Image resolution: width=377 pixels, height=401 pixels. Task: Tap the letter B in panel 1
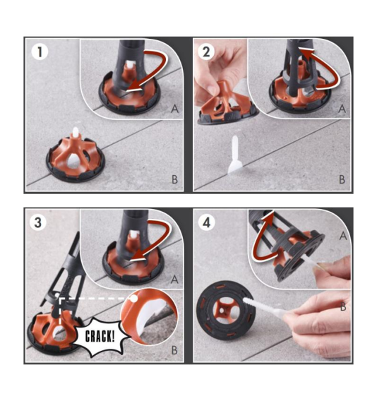pos(174,179)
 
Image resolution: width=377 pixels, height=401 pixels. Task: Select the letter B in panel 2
pos(342,179)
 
